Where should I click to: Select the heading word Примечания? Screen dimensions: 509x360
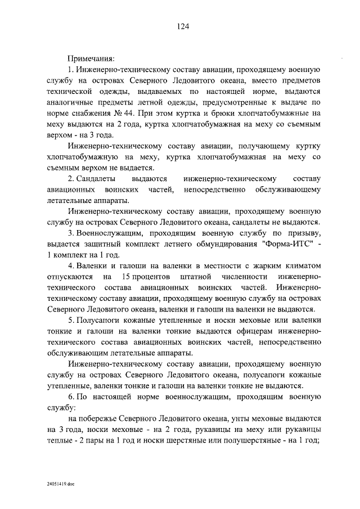coord(91,58)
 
